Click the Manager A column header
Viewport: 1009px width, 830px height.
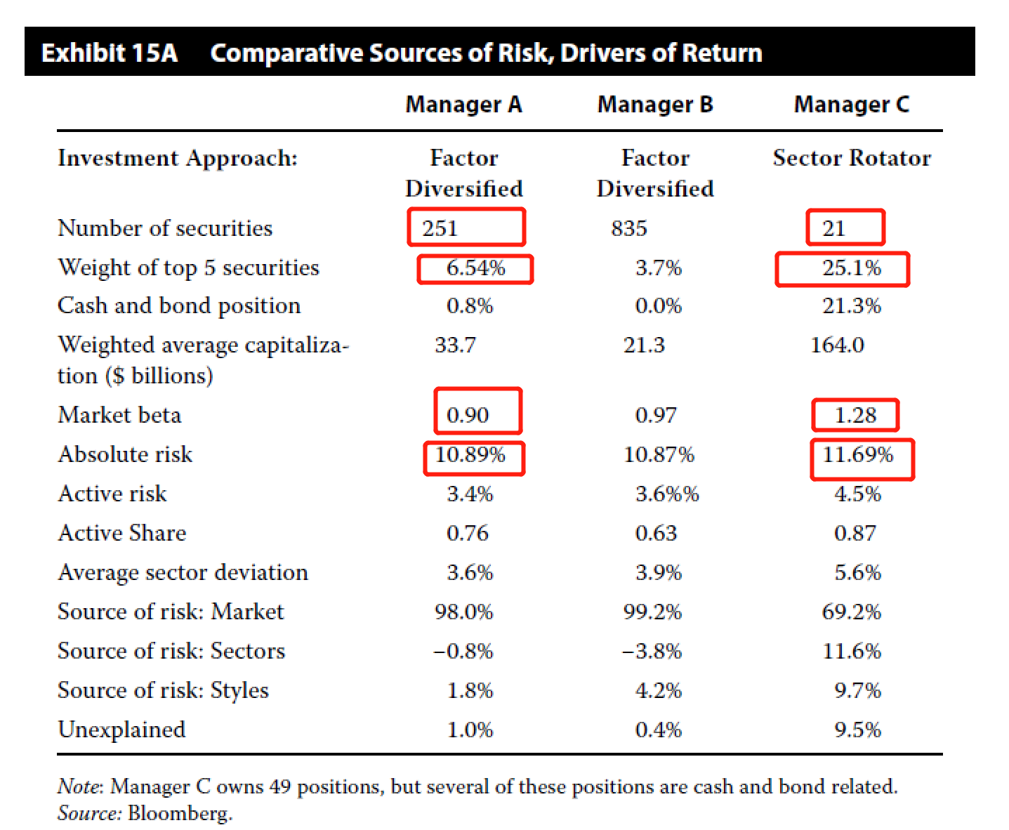463,105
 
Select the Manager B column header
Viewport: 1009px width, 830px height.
654,105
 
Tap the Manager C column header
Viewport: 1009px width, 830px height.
851,105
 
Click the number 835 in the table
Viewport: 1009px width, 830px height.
628,228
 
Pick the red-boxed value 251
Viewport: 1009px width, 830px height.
440,228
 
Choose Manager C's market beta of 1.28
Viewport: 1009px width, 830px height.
855,415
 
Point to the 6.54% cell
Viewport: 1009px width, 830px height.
475,268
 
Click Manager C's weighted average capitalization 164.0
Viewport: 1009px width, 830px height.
837,345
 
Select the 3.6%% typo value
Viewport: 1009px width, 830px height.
667,494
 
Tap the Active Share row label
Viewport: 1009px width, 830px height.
122,533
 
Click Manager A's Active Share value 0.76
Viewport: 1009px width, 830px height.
468,533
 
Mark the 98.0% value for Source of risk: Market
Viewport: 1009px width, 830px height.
463,612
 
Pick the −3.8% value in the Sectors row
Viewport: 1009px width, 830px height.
652,651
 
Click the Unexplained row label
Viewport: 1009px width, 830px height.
121,730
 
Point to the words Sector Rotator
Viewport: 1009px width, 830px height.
852,158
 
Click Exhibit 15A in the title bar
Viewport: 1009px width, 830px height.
110,53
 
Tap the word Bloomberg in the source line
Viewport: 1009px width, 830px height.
180,813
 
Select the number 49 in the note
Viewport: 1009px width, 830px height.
279,786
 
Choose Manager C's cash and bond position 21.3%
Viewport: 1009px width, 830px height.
851,305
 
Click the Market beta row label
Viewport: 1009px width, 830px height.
119,415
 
